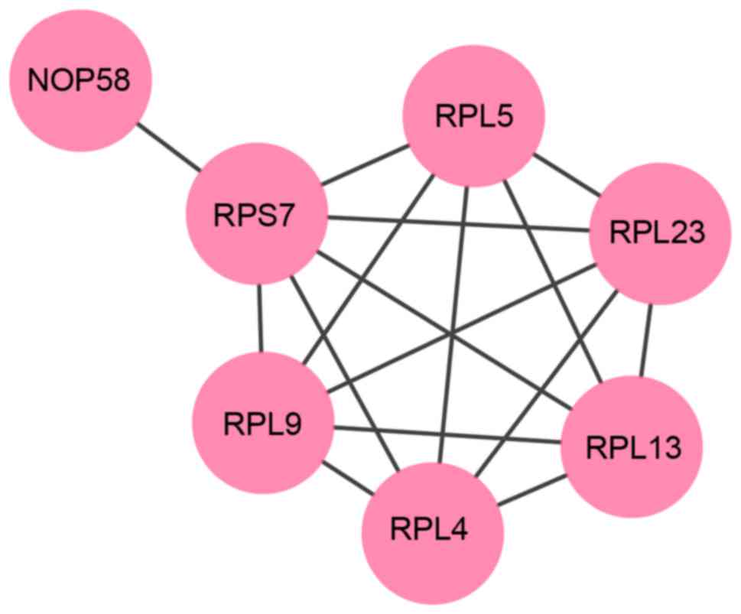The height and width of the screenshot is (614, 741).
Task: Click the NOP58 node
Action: click(80, 79)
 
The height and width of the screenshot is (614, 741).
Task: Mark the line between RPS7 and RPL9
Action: click(260, 317)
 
